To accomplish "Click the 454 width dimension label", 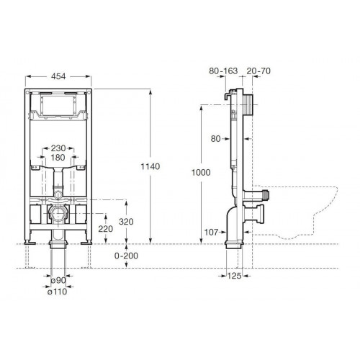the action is tap(58, 76).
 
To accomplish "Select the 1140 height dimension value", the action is tap(150, 166).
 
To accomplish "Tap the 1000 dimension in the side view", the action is tap(201, 172).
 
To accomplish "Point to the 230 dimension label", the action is tap(58, 148).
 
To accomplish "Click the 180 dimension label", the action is tap(58, 158).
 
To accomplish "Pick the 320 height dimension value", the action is tap(126, 222).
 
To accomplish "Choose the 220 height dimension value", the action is tap(106, 229).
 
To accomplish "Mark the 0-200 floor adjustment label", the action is tap(126, 256).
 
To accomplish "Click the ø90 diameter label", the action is tap(58, 280).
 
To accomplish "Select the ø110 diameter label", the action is tap(58, 292).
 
